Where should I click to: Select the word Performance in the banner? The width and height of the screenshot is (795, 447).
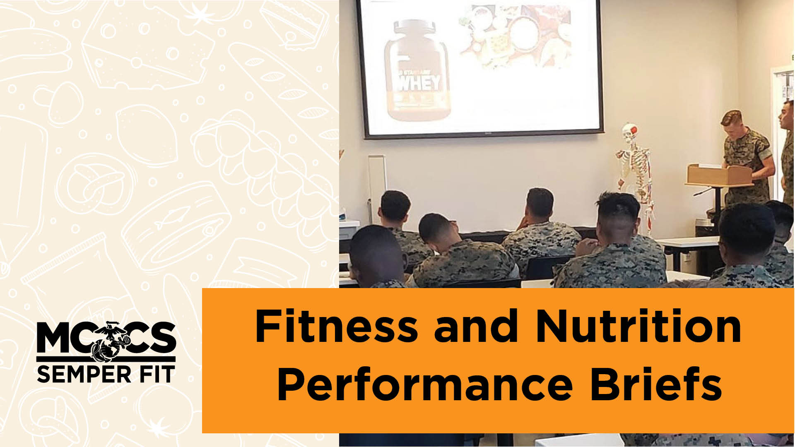425,385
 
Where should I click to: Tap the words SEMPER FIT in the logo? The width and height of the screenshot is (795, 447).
106,374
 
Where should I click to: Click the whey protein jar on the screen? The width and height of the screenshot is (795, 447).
417,70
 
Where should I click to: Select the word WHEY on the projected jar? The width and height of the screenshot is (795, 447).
419,83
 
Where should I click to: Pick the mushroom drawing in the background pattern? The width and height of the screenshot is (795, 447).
62,99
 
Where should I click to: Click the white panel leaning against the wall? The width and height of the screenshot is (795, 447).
377,182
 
